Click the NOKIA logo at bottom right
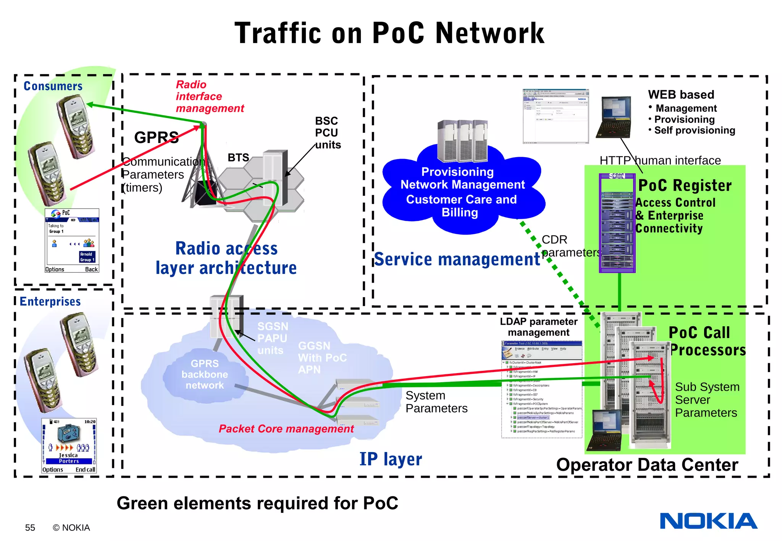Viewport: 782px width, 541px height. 708,521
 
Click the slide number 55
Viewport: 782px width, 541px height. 30,528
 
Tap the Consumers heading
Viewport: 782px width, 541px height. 53,86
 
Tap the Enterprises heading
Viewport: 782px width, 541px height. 50,302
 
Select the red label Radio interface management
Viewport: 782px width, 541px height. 209,97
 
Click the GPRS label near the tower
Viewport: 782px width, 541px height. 156,137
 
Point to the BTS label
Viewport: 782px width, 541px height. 238,158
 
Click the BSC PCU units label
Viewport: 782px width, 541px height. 327,133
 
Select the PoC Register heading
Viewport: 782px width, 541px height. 685,186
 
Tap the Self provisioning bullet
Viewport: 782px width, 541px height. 694,130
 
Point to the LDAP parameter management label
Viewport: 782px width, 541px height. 538,327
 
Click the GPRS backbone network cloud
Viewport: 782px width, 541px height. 205,374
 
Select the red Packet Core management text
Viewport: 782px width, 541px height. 286,429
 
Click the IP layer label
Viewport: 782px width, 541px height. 391,459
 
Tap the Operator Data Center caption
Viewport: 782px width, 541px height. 647,465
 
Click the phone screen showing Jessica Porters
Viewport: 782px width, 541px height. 69,446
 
